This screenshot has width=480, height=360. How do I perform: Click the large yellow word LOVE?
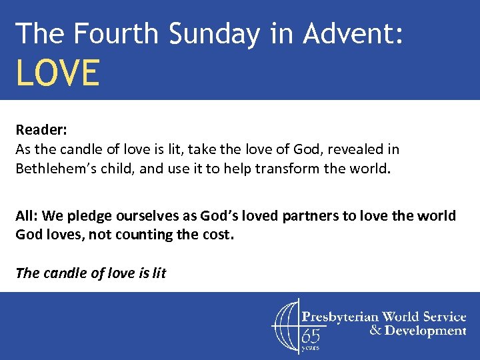[x=58, y=73]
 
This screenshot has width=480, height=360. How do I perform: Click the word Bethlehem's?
[x=54, y=168]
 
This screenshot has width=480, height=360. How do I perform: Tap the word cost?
[x=217, y=235]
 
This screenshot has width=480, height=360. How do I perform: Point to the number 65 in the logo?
[x=311, y=335]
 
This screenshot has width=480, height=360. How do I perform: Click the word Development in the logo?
[x=425, y=331]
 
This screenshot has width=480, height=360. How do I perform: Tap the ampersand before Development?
[x=375, y=331]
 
